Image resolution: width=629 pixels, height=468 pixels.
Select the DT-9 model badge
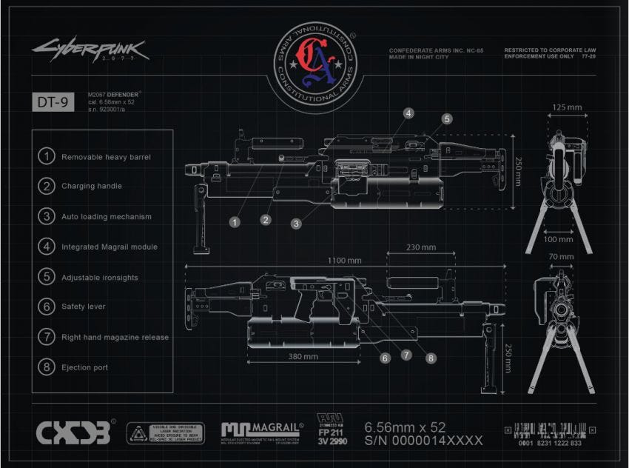53,103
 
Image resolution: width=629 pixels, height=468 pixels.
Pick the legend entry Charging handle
92,187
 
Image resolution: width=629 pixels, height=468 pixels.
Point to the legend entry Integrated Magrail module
110,247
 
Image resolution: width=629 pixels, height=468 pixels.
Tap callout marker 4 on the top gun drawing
408,113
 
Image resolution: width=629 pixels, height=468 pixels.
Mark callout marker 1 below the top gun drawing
235,221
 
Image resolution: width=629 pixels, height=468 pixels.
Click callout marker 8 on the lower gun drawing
431,357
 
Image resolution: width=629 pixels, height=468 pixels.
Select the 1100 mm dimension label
346,261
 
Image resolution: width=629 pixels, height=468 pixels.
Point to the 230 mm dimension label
420,247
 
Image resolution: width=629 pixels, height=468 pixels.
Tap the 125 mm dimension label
566,107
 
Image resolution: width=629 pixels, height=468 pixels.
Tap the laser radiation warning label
165,433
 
